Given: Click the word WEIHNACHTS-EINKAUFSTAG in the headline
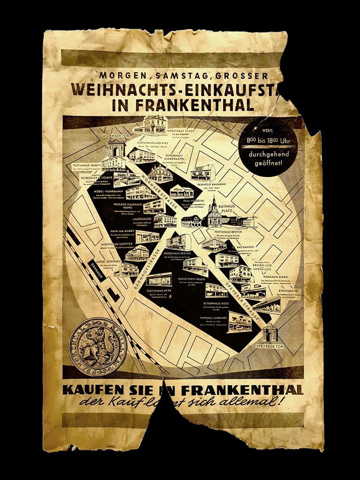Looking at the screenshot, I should click(178, 89).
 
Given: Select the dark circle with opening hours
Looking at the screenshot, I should click(268, 146).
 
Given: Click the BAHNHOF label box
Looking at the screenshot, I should click(97, 269).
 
